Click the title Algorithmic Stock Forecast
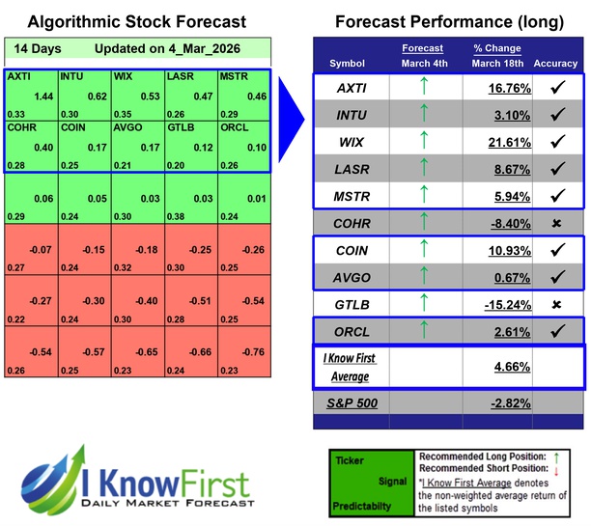(136, 21)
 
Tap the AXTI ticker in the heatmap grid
(18, 74)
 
